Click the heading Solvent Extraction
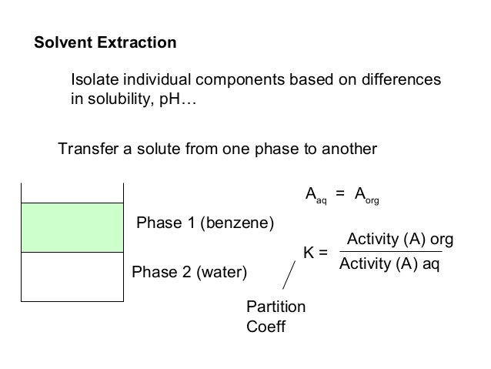pos(105,42)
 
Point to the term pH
pos(173,100)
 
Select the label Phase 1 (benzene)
pos(205,224)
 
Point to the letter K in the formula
pos(309,252)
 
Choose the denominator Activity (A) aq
pos(390,266)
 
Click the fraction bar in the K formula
pos(390,252)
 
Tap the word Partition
pos(276,307)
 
